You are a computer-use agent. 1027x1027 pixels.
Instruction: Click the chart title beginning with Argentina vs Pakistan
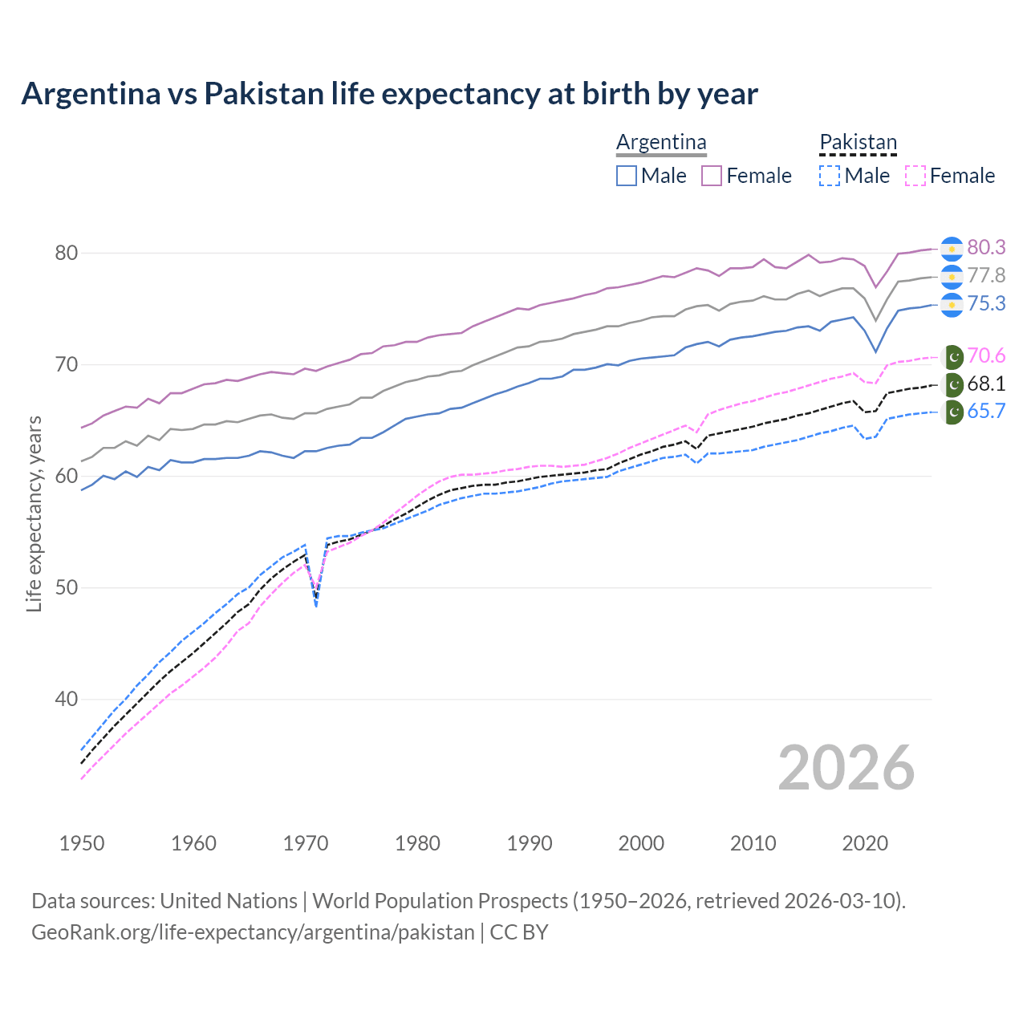(x=389, y=94)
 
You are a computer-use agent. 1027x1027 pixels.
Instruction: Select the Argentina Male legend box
(x=627, y=176)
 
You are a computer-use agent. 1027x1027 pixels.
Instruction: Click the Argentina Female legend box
(x=712, y=176)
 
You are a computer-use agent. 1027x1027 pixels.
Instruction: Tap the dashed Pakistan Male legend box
(x=830, y=176)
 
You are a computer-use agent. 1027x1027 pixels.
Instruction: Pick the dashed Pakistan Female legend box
(x=915, y=176)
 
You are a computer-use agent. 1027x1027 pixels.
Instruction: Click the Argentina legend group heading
(x=661, y=142)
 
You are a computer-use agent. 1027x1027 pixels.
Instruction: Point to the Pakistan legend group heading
(x=858, y=142)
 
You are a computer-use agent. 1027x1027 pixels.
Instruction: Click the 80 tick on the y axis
(x=66, y=253)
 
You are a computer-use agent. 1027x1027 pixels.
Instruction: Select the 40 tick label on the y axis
(x=66, y=699)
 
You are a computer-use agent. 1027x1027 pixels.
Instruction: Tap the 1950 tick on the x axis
(x=82, y=843)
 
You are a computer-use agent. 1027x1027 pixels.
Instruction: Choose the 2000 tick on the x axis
(x=641, y=843)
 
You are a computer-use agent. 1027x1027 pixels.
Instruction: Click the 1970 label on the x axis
(x=306, y=843)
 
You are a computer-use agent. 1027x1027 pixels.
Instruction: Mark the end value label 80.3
(x=986, y=247)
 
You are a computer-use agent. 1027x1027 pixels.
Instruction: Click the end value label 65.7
(x=986, y=412)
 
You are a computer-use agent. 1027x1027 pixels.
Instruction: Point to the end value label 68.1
(x=986, y=384)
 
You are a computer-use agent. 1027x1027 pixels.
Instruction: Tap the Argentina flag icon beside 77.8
(x=952, y=276)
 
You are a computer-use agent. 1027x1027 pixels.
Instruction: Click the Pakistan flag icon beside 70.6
(x=952, y=356)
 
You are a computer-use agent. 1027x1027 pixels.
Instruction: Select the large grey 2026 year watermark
(x=846, y=768)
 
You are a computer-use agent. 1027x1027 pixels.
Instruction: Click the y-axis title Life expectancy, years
(x=34, y=513)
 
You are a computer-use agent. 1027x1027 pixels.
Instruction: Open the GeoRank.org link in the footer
(x=253, y=932)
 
